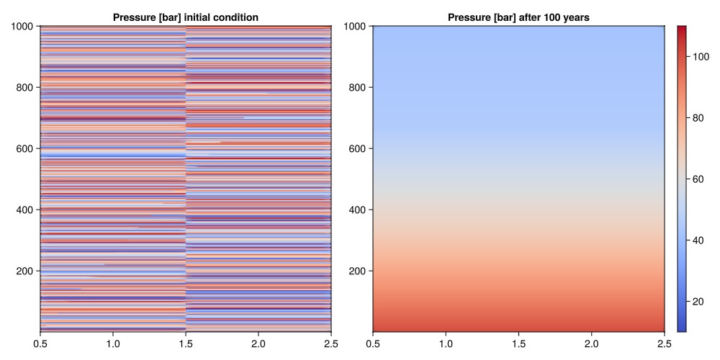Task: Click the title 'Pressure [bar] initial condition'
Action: (185, 17)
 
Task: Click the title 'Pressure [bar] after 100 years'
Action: (518, 17)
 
